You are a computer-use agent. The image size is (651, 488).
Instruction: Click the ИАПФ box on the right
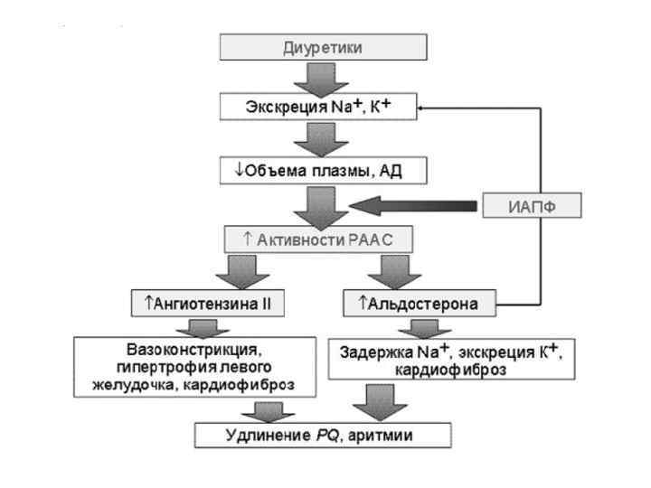pos(530,206)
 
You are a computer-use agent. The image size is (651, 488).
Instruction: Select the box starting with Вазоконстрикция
pos(197,368)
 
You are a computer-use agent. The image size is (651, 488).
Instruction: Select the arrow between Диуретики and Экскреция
pos(321,79)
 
